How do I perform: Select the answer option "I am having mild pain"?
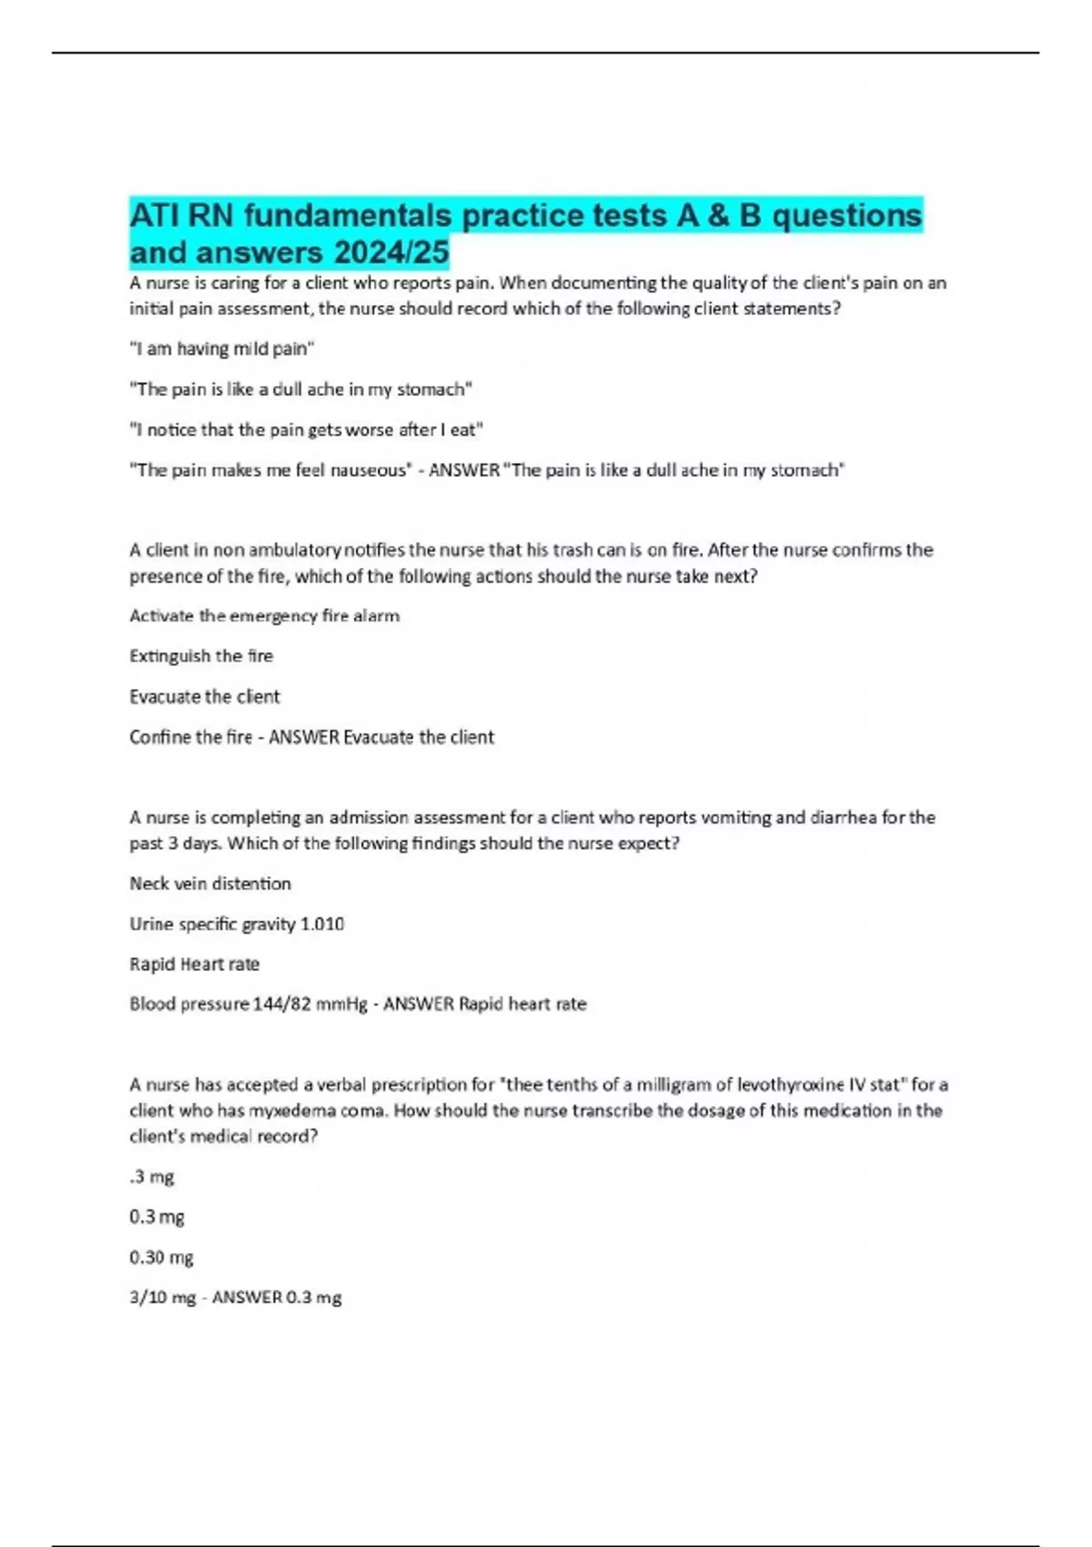pos(222,349)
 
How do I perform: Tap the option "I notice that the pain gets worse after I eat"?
pos(306,430)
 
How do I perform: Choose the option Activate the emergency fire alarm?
pos(264,616)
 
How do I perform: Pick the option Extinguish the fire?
pos(201,656)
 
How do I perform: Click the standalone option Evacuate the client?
pos(205,697)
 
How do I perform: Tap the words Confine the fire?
pos(190,737)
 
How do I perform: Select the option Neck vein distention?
pos(210,884)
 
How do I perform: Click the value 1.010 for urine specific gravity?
pos(322,925)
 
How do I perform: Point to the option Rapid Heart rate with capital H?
pos(194,965)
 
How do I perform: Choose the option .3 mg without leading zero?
pos(151,1178)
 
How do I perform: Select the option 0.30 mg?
pos(161,1258)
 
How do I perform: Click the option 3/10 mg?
pos(162,1298)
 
